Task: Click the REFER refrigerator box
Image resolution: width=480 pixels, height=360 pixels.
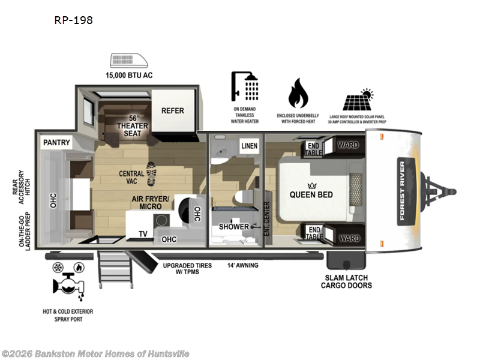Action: [x=172, y=110]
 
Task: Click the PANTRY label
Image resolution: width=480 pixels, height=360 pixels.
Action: [x=56, y=143]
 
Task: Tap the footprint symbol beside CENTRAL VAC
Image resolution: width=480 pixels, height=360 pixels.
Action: [x=152, y=174]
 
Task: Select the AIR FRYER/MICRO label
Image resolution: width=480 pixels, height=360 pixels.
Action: [x=151, y=202]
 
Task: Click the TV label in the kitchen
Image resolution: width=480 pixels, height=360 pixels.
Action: [x=143, y=234]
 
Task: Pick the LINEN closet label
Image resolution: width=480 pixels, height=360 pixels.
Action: [x=249, y=146]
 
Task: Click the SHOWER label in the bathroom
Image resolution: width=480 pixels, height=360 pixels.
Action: [x=233, y=227]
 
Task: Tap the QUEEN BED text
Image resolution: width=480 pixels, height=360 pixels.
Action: [x=311, y=194]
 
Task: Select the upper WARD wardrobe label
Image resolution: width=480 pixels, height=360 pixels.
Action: [x=348, y=145]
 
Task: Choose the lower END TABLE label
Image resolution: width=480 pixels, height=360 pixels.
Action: [x=314, y=232]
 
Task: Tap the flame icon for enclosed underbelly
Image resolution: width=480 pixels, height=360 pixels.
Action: [x=298, y=93]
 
